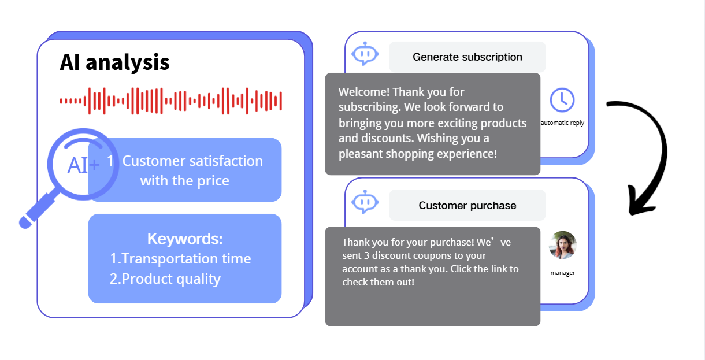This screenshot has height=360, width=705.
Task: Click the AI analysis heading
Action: point(114,63)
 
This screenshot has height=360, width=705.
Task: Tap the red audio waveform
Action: point(171,101)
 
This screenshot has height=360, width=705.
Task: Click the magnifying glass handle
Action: point(39,209)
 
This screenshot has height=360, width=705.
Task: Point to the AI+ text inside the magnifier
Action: point(83,165)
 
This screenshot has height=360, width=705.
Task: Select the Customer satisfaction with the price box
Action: point(185,170)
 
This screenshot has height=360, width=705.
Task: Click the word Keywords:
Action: point(185,239)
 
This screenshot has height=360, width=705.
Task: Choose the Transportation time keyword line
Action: point(180,259)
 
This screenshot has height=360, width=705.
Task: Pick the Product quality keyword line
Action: point(165,279)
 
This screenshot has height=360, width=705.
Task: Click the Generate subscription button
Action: point(467,57)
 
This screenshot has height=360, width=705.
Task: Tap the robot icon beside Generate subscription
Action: point(365,54)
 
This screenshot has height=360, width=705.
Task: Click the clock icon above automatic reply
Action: point(562,100)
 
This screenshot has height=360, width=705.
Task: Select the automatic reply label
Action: point(562,123)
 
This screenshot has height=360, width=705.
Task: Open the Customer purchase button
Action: point(467,205)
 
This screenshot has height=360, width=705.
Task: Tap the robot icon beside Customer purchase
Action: point(365,202)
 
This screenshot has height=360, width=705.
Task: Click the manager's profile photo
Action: point(563,245)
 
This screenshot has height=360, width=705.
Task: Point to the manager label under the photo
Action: point(563,273)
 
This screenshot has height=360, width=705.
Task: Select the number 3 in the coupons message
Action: point(367,255)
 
